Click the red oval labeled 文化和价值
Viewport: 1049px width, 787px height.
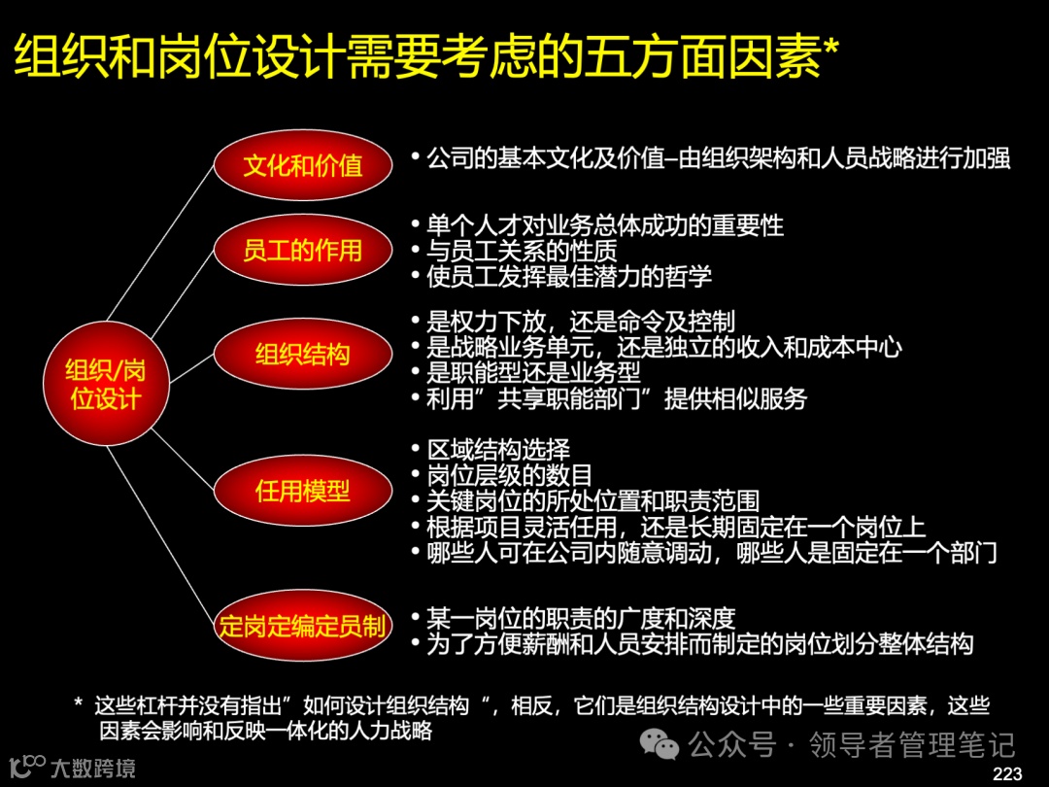[302, 165]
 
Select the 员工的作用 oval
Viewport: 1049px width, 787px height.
[302, 251]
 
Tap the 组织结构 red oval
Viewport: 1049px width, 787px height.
[302, 355]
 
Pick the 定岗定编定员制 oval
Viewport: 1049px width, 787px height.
[302, 626]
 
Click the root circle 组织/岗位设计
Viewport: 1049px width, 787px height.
[106, 384]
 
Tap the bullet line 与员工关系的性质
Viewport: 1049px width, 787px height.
[522, 251]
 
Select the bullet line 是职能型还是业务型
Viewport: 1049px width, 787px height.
[533, 372]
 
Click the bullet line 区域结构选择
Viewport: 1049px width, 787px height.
[497, 450]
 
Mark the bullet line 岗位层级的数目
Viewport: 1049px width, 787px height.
[509, 475]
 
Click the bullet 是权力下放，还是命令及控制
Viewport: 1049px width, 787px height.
[580, 322]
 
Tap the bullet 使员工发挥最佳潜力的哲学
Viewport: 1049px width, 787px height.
[568, 276]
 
